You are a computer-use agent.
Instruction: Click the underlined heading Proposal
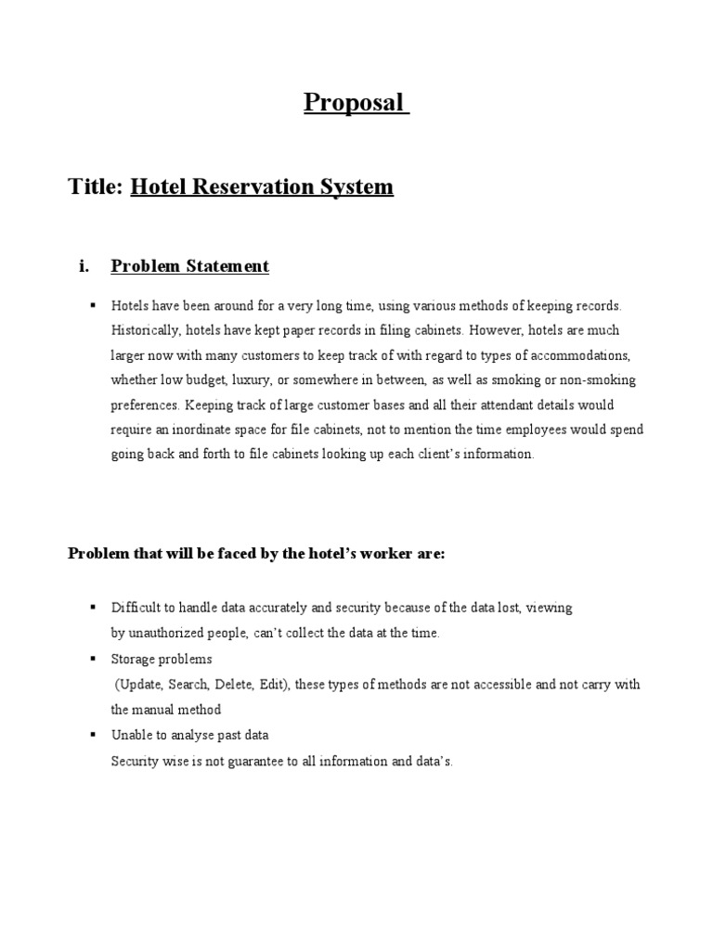point(356,102)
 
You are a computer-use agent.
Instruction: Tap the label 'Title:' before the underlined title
point(96,187)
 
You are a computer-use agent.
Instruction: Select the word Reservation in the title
point(253,187)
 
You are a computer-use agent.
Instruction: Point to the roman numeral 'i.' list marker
point(84,267)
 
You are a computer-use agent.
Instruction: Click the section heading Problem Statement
point(189,267)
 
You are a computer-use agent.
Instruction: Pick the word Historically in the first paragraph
point(141,330)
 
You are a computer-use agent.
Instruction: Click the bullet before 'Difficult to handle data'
point(93,608)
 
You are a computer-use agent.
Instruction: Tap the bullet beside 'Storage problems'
point(93,659)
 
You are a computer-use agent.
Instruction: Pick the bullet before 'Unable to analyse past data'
point(93,735)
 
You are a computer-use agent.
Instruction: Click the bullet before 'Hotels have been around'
point(93,305)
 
